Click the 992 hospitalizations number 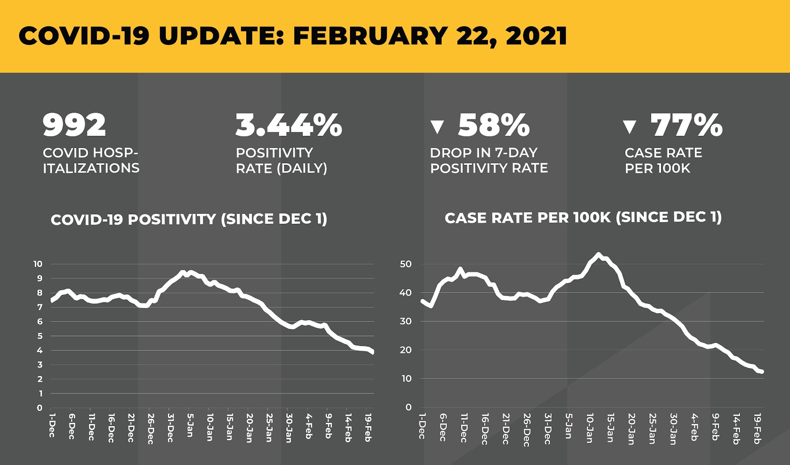[74, 125]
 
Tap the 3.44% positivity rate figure [289, 125]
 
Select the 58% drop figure [494, 125]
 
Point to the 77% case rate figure [686, 125]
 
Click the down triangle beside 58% [437, 127]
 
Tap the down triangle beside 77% [629, 127]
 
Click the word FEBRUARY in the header [371, 36]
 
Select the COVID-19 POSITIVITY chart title [188, 220]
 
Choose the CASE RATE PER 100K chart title [583, 217]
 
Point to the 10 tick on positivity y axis [38, 264]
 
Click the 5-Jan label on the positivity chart [190, 425]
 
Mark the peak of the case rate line [598, 254]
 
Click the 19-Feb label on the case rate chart [757, 428]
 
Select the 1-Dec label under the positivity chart [52, 425]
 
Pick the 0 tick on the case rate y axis [409, 408]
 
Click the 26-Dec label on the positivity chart [150, 428]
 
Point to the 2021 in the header [536, 36]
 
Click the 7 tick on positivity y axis [39, 308]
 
